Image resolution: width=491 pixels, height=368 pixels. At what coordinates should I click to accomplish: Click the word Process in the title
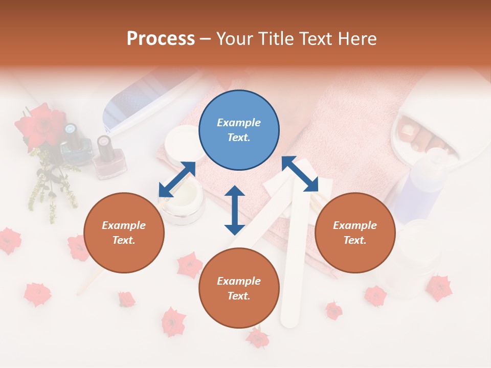pyautogui.click(x=161, y=38)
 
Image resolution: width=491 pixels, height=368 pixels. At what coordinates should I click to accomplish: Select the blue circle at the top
pyautogui.click(x=239, y=130)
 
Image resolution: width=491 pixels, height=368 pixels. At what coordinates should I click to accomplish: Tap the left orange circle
pyautogui.click(x=124, y=233)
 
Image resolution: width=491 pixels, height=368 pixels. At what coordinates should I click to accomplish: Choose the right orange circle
pyautogui.click(x=354, y=233)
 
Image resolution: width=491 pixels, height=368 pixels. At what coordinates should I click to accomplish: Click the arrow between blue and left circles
pyautogui.click(x=177, y=179)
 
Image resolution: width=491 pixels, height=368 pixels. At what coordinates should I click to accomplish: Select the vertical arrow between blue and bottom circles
pyautogui.click(x=235, y=210)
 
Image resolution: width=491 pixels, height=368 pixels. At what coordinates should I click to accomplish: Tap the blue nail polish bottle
pyautogui.click(x=70, y=148)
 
